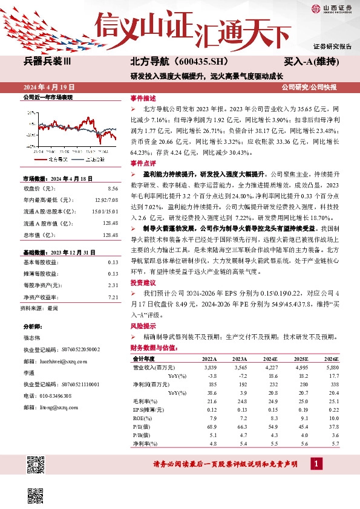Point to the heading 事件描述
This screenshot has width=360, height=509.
[x=143, y=98]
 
